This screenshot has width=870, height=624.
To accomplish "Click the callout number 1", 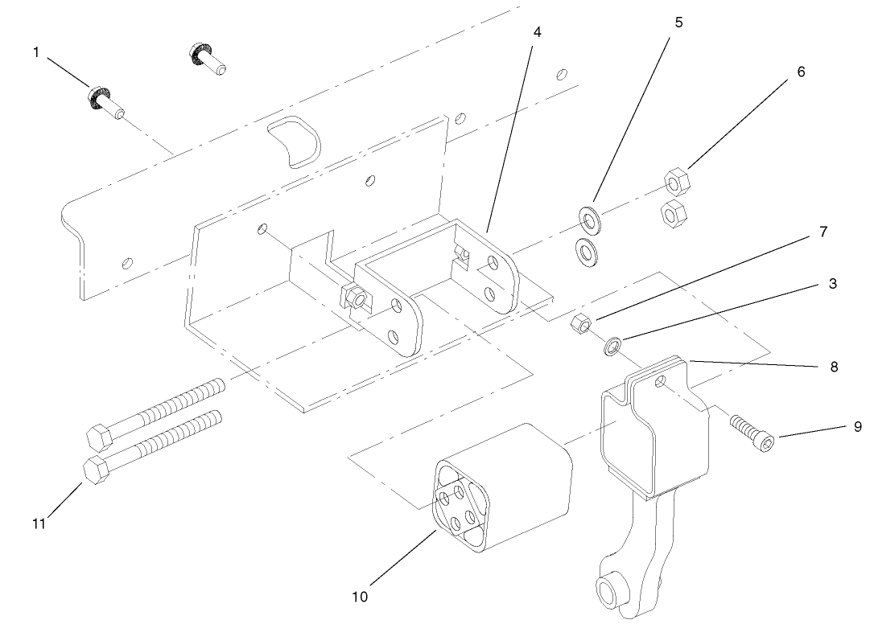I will [x=35, y=52].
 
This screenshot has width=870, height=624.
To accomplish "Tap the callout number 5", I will [x=678, y=22].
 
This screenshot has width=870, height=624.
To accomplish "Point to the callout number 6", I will [x=801, y=71].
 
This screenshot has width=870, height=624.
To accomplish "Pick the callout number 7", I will [x=823, y=232].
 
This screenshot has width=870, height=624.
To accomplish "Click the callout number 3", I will [x=832, y=284].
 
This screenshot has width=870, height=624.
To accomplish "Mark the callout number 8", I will [x=834, y=367].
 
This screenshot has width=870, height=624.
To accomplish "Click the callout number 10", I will [x=359, y=597].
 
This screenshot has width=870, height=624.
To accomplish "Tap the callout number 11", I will [x=39, y=523].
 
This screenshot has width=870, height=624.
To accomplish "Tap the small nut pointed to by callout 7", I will [x=579, y=325].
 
